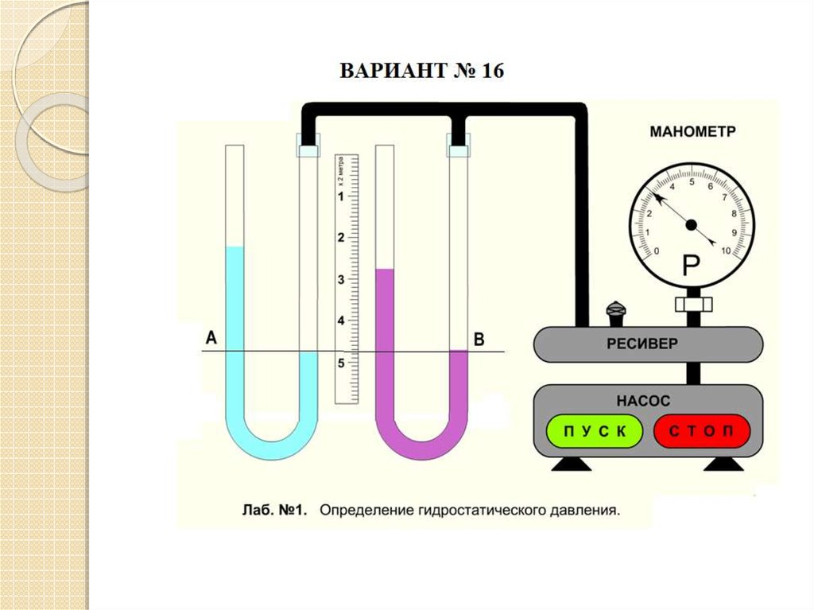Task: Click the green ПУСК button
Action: [x=594, y=432]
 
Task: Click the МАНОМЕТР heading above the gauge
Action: [x=692, y=132]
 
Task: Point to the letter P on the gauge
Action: [x=691, y=265]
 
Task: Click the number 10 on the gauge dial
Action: [x=725, y=251]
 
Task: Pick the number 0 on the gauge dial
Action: [x=656, y=251]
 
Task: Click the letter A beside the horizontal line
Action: [x=211, y=339]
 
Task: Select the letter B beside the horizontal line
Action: [x=479, y=340]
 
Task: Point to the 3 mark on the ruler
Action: [x=342, y=279]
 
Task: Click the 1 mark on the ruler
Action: [x=342, y=196]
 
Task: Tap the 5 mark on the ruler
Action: [x=342, y=363]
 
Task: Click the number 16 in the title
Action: [x=490, y=71]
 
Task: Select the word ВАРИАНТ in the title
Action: [x=389, y=71]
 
